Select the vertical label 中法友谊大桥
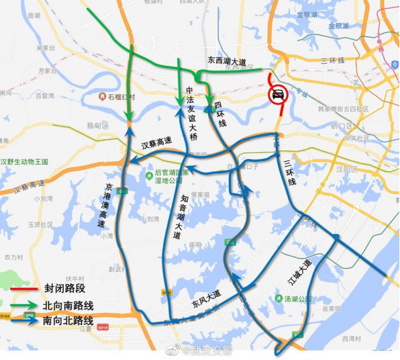pos(191,114)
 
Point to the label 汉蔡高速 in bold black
pos(156,142)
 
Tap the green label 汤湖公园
pos(296,299)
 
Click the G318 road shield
pos(103,328)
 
